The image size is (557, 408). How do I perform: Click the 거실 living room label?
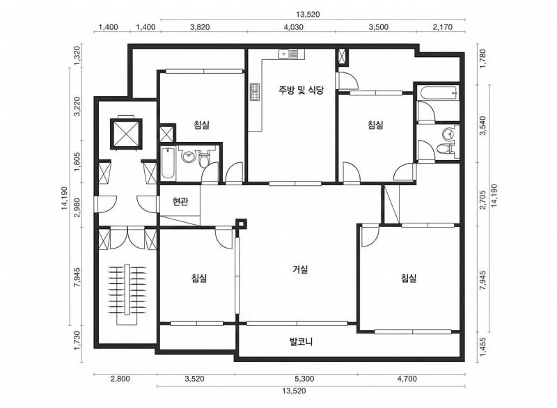(x=300, y=269)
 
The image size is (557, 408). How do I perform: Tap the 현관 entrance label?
(x=180, y=202)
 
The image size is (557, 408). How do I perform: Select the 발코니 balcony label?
(x=301, y=343)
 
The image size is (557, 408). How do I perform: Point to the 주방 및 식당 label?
(x=301, y=90)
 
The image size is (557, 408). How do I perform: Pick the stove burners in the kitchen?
(x=255, y=92)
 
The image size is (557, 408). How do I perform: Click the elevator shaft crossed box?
(x=126, y=133)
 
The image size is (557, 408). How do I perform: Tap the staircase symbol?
(x=127, y=294)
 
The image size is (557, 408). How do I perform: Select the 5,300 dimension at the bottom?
(x=304, y=379)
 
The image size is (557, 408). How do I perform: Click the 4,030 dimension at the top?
(x=294, y=27)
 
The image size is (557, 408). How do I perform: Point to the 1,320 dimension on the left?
(x=78, y=56)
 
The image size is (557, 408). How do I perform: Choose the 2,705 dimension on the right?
(x=483, y=201)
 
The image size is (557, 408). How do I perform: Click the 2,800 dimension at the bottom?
(x=120, y=379)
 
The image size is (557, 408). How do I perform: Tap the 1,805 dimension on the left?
(x=78, y=162)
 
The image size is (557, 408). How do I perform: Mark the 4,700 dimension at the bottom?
(x=407, y=379)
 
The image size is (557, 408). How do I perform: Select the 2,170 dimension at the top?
(x=443, y=27)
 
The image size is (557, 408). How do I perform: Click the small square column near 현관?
(x=241, y=223)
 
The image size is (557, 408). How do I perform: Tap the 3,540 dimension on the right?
(x=483, y=126)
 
